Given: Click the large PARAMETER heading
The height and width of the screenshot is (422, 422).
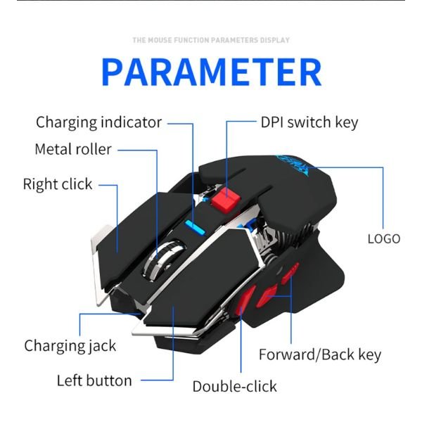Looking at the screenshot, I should pos(211,72).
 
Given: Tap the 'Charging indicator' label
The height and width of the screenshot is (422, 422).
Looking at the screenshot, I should pos(98,122).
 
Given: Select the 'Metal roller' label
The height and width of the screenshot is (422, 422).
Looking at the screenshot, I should pos(73,150).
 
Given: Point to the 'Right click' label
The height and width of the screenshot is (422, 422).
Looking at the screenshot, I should pos(58,184).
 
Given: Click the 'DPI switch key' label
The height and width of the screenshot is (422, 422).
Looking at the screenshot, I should pos(309,122).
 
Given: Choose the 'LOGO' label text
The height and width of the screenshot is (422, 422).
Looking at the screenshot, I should pos(383,238).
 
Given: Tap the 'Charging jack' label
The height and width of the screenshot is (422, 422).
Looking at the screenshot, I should pos(70,345).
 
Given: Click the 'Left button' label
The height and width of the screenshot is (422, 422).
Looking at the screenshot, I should pos(94,381).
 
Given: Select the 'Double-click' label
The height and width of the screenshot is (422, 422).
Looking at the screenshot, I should pos(235,386).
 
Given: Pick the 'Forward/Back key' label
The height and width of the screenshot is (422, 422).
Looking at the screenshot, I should pos(320,354).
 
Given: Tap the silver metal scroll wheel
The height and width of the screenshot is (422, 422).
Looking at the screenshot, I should pos(164,258).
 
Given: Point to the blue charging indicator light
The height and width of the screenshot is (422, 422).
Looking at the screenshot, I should pos(195,226).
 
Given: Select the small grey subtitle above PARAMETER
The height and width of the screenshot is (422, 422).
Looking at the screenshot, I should pos(211,40).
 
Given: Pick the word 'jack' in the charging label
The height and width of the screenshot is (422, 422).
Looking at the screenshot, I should pos(100,345).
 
